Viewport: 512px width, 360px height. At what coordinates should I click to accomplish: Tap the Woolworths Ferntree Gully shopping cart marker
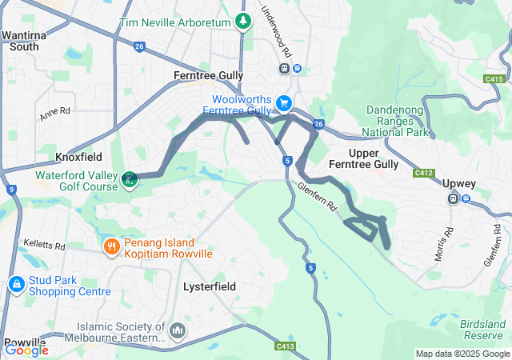tap(283, 102)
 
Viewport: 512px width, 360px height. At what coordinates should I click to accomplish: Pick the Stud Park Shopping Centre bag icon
tap(17, 284)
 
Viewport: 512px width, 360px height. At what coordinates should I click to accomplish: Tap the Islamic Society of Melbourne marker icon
tap(178, 329)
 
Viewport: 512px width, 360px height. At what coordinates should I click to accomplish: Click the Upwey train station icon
tap(454, 198)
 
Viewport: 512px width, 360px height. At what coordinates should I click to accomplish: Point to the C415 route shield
tap(494, 78)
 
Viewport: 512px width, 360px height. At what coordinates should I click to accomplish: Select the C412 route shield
tap(423, 173)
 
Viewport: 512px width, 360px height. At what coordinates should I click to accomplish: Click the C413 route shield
tap(284, 346)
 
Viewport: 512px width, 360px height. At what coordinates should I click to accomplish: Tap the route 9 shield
tap(11, 190)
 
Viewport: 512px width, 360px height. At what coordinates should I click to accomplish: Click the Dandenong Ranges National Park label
tap(398, 121)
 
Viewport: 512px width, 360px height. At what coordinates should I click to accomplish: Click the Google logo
tap(26, 350)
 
